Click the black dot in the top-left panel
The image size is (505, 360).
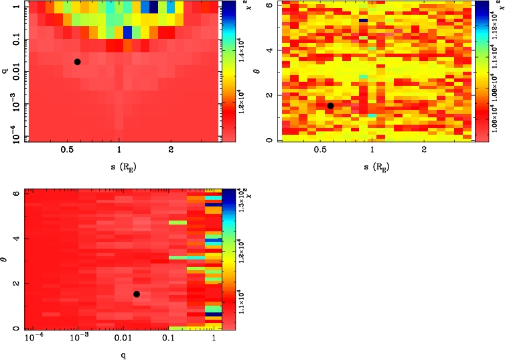pos(77,62)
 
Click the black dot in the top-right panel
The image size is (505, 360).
pos(330,106)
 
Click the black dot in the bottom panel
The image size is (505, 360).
pos(137,294)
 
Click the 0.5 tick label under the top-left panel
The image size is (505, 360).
pos(67,150)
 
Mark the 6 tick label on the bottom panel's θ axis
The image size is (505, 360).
pos(15,193)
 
